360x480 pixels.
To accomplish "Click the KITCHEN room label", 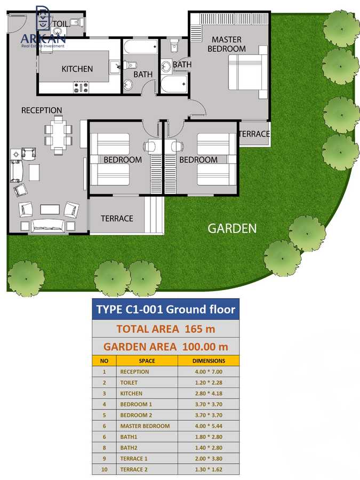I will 77,69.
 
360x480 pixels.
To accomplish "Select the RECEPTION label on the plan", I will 42,110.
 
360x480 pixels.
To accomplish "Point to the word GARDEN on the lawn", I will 232,228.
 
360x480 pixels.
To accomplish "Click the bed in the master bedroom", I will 247,73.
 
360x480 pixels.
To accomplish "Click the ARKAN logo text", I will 43,38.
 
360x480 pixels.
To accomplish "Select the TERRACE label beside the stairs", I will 117,218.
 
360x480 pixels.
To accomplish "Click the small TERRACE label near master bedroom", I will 254,134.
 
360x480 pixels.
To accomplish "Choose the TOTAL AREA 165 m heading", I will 165,328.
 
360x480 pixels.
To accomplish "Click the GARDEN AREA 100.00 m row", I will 165,346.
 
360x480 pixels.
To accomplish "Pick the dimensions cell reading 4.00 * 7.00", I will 208,372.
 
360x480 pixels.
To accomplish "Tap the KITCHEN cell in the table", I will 131,394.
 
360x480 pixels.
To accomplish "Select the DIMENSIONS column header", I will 208,361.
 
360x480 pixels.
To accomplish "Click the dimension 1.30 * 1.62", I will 208,469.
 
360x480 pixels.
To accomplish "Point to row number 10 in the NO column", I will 105,469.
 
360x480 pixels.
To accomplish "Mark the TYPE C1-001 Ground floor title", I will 165,309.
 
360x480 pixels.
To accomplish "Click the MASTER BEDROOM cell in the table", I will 145,426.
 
